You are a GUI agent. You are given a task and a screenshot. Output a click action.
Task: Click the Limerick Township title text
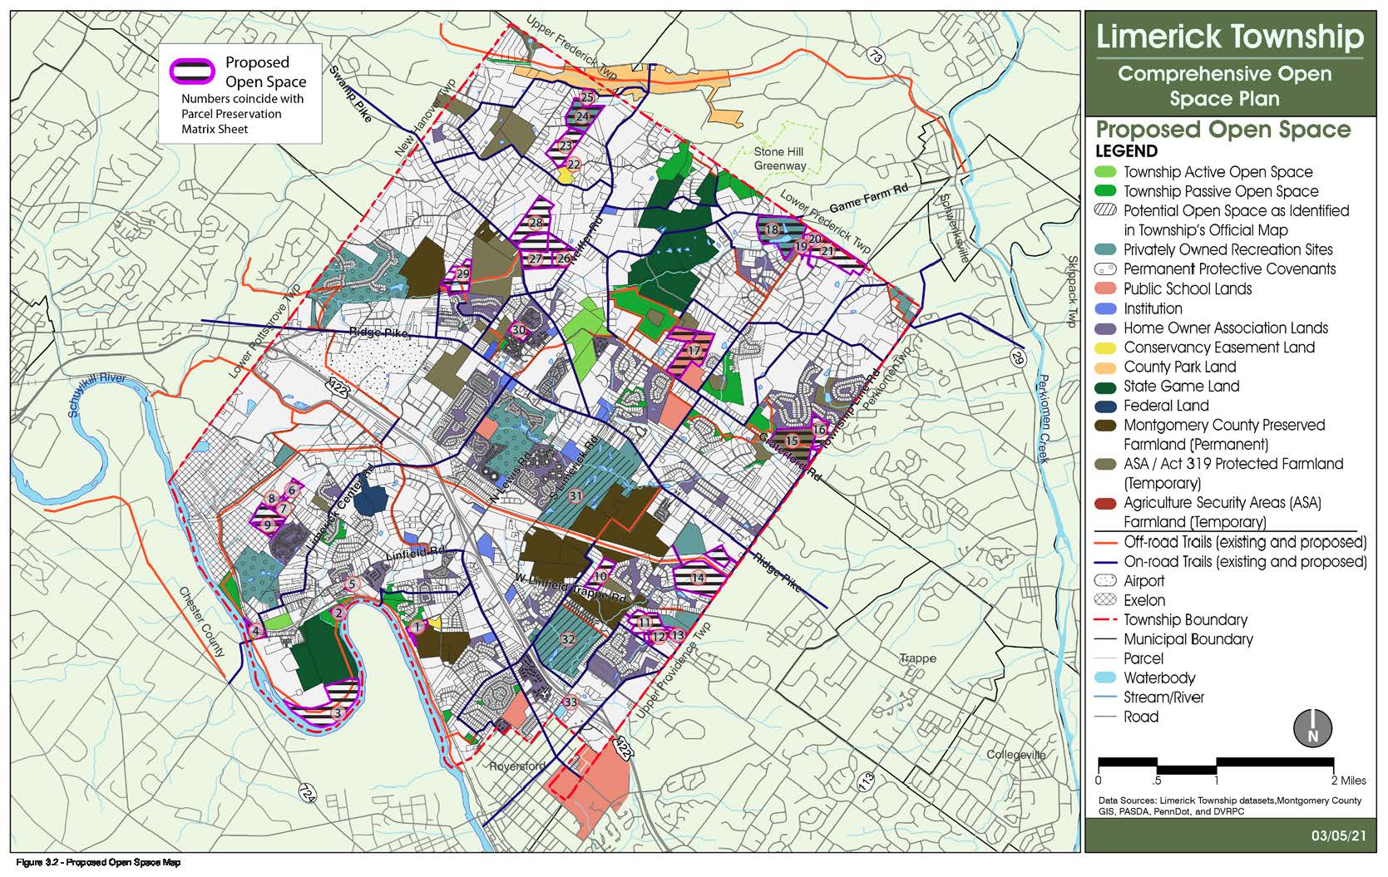[1230, 37]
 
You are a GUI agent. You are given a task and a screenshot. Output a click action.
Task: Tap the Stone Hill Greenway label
[779, 159]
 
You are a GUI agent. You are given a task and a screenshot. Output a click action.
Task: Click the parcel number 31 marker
[575, 496]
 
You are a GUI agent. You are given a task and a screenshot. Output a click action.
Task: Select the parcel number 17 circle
[694, 352]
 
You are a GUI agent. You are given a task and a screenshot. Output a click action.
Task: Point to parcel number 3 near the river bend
[337, 712]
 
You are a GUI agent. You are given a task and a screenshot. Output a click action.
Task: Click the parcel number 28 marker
[536, 223]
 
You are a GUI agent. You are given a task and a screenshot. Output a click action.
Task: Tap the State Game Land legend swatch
[1107, 387]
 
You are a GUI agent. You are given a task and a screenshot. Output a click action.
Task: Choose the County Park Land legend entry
[1179, 367]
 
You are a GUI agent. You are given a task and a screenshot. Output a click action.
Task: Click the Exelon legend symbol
[1107, 600]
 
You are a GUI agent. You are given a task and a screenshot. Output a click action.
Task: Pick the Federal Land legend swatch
[1107, 406]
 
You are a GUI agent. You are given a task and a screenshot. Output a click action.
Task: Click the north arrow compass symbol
[1312, 727]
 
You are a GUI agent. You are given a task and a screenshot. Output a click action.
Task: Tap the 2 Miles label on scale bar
[1347, 781]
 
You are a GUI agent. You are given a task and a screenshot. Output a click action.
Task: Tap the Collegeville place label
[1015, 755]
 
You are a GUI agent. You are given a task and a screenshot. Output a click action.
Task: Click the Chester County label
[201, 622]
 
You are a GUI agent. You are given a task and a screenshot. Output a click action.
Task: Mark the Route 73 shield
[874, 56]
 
